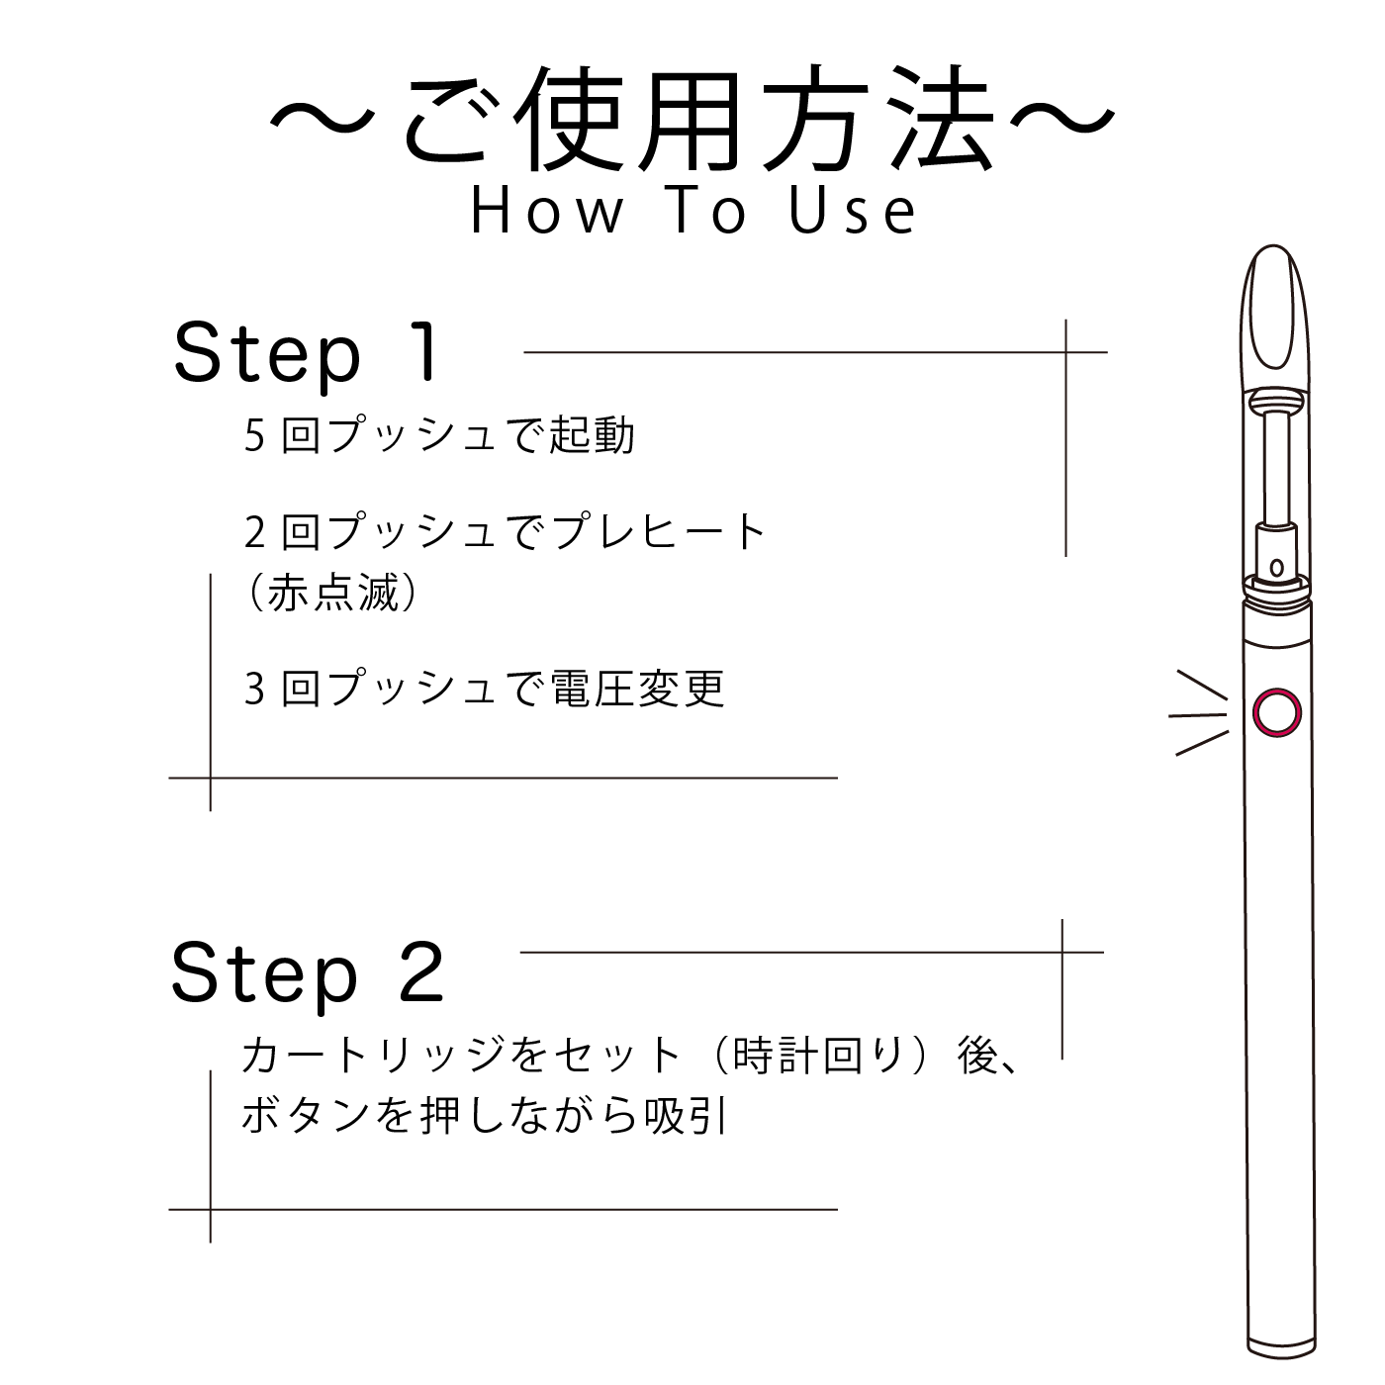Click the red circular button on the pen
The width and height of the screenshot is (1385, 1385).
coord(1277,712)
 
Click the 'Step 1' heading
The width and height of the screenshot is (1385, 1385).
coord(306,353)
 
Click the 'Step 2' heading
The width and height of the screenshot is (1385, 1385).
coord(307,972)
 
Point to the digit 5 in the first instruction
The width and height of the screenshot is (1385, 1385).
coord(254,435)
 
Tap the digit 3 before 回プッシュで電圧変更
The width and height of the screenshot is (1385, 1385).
coord(254,689)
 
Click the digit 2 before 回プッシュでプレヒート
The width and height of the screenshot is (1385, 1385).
coord(254,532)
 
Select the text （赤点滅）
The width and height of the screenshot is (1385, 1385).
coord(332,594)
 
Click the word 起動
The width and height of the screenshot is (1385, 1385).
coord(593,435)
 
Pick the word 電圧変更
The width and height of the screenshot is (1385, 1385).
coord(638,689)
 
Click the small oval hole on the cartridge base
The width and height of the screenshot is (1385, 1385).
coord(1276,568)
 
